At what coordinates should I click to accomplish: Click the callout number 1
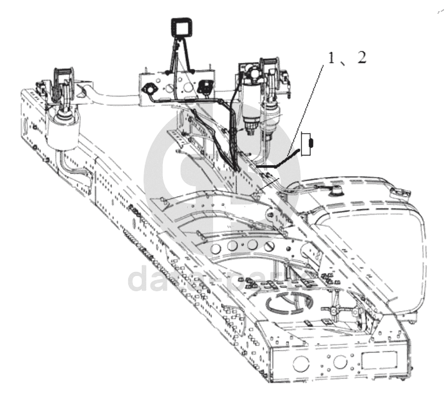click(x=331, y=59)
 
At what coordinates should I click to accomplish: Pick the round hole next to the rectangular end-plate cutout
click(x=339, y=364)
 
